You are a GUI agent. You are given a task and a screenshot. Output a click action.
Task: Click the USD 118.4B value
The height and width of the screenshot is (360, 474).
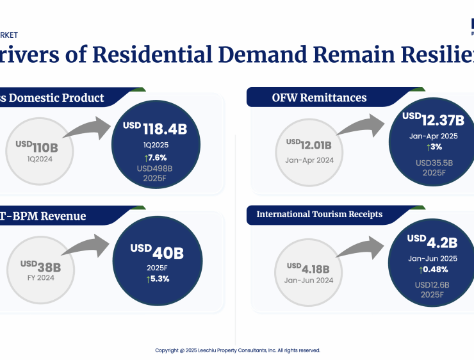pos(155,129)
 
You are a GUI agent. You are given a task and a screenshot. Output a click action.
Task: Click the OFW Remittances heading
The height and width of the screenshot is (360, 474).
pos(319,97)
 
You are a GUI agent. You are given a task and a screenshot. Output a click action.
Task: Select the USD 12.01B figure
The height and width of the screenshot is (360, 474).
pos(314,145)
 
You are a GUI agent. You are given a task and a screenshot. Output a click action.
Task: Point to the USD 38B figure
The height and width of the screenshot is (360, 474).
pos(41,266)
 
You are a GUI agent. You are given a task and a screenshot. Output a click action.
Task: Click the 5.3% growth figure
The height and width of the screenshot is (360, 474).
pos(157,279)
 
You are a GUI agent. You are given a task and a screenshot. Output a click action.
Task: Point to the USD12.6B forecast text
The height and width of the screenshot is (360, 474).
pos(432,285)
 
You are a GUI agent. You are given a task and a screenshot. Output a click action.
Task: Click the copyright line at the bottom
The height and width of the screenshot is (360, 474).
pos(238,350)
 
